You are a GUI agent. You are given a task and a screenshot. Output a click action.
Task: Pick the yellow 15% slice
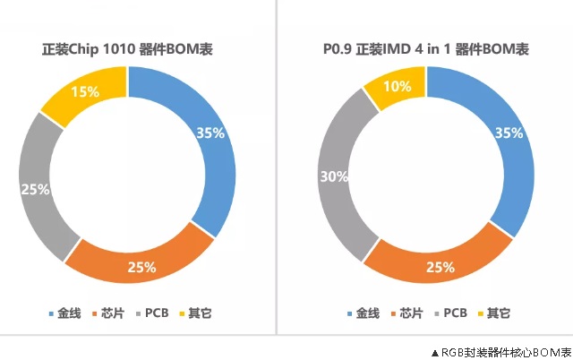85,94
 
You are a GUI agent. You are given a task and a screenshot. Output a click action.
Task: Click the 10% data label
398,86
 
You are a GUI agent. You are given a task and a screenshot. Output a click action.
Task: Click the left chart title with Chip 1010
128,48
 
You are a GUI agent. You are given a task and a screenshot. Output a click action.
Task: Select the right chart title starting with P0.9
425,48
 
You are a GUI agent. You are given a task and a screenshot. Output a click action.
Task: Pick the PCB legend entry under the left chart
154,313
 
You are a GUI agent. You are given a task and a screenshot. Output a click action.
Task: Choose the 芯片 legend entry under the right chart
411,313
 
